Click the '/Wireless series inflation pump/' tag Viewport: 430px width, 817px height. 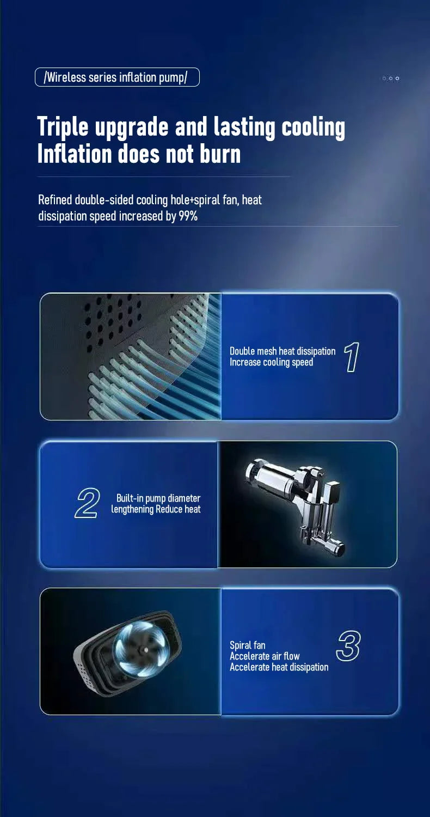[117, 77]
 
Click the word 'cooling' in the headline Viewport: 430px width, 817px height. [314, 127]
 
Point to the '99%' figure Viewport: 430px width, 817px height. [188, 216]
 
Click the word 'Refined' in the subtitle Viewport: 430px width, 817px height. [55, 200]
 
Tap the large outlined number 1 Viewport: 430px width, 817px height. [352, 357]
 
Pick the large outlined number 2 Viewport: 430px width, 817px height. [87, 503]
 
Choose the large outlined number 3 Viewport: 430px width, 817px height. [348, 646]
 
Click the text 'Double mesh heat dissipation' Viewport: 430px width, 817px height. [282, 351]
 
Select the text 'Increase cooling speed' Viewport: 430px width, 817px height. [271, 362]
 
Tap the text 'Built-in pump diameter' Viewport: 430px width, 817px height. [158, 498]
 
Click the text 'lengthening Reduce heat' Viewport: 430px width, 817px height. [156, 509]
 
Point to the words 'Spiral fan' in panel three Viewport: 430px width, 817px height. [248, 645]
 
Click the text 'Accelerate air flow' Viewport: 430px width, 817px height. [265, 656]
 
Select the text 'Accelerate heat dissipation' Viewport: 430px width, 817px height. [279, 667]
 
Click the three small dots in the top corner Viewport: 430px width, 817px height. [391, 78]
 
